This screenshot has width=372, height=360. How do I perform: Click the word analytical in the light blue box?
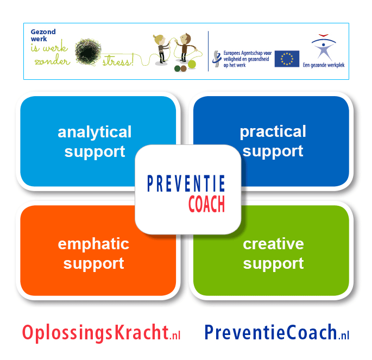click(x=94, y=132)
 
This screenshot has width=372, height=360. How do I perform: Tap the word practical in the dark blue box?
click(x=273, y=132)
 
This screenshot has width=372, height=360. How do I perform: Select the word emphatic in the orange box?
click(x=93, y=244)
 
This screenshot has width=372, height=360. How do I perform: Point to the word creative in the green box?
click(x=273, y=244)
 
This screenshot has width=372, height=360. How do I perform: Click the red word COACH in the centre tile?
click(x=207, y=204)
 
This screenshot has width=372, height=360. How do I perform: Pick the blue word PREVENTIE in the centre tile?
click(x=186, y=184)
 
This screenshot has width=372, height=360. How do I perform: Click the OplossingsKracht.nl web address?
click(x=102, y=332)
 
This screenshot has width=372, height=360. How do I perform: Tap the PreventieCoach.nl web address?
click(x=277, y=332)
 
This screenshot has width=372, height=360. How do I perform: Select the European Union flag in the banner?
click(x=287, y=59)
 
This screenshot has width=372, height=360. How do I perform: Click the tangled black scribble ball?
click(x=88, y=52)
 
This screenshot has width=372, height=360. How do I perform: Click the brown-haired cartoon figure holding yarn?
click(x=186, y=47)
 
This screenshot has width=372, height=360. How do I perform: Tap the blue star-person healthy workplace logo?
click(x=323, y=47)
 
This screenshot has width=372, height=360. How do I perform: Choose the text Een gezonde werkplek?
click(x=324, y=65)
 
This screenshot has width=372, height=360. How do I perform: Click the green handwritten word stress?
click(x=118, y=60)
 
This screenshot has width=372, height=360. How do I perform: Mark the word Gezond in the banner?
click(x=43, y=32)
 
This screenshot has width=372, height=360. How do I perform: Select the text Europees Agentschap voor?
click(x=248, y=53)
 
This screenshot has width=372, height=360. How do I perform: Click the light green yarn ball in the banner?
click(x=192, y=64)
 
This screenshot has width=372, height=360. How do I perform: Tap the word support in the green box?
click(x=273, y=264)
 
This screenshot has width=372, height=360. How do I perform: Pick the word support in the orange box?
click(x=93, y=264)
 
